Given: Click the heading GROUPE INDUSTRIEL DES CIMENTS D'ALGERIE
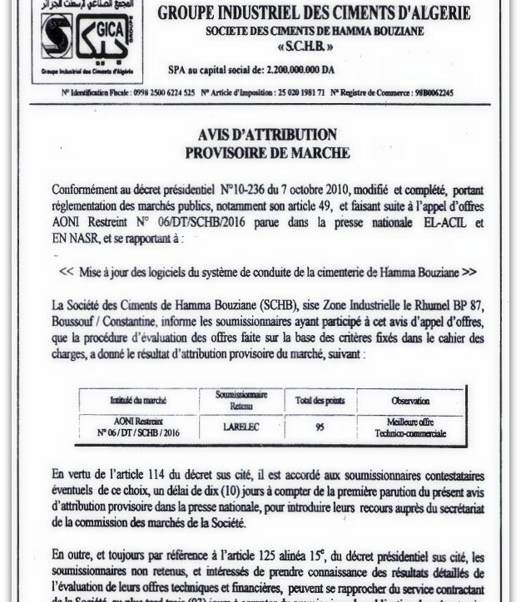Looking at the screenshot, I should click(x=314, y=13).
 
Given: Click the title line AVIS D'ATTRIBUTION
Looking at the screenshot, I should click(x=267, y=135).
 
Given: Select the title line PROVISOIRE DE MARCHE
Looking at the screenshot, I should click(x=267, y=153).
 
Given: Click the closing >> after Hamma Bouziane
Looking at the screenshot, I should click(x=469, y=272).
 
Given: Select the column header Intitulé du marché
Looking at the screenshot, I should click(x=138, y=401).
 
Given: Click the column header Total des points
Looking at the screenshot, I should click(x=320, y=401).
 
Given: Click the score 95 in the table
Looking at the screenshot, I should click(x=320, y=428).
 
